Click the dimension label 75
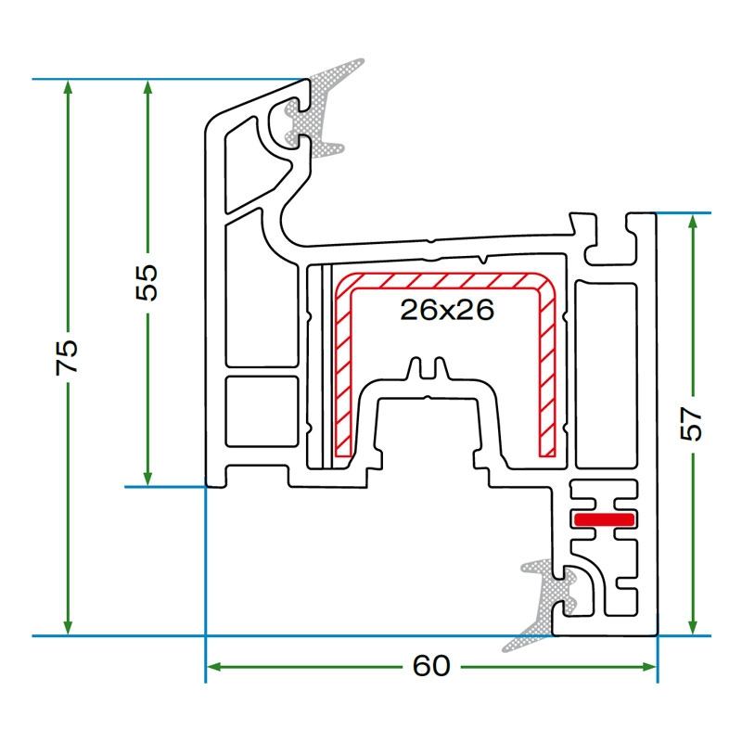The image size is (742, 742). (68, 357)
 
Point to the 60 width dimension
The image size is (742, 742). (431, 666)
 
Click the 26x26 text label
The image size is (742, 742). (446, 310)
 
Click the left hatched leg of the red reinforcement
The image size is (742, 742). (343, 371)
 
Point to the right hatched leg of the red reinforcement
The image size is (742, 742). (548, 371)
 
